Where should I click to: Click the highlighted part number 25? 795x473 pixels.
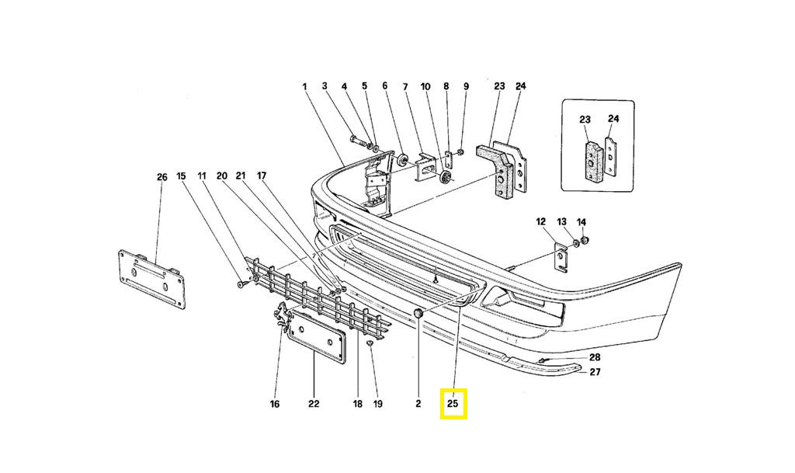tap(453, 404)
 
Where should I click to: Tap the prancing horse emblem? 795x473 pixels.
tap(281, 316)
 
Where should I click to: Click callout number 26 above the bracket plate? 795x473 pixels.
tap(161, 177)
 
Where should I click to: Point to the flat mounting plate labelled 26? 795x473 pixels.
tap(151, 279)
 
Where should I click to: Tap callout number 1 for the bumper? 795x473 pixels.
tap(304, 87)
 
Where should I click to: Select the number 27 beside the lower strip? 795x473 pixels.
tap(595, 372)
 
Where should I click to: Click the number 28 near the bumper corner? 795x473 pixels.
tap(595, 357)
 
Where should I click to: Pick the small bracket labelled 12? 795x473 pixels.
tap(561, 257)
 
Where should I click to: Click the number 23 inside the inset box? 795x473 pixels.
tap(585, 120)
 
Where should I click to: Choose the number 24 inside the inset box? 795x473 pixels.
tap(613, 119)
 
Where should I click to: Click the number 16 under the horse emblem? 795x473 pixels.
tap(274, 404)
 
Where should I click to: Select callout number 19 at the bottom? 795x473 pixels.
tap(378, 404)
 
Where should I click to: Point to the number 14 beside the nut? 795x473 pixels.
tap(581, 222)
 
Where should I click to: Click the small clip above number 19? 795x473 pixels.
tap(370, 344)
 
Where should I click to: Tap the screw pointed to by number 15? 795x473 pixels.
tap(241, 284)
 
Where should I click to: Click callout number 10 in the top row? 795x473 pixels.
tap(425, 87)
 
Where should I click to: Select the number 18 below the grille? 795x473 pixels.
tap(358, 404)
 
